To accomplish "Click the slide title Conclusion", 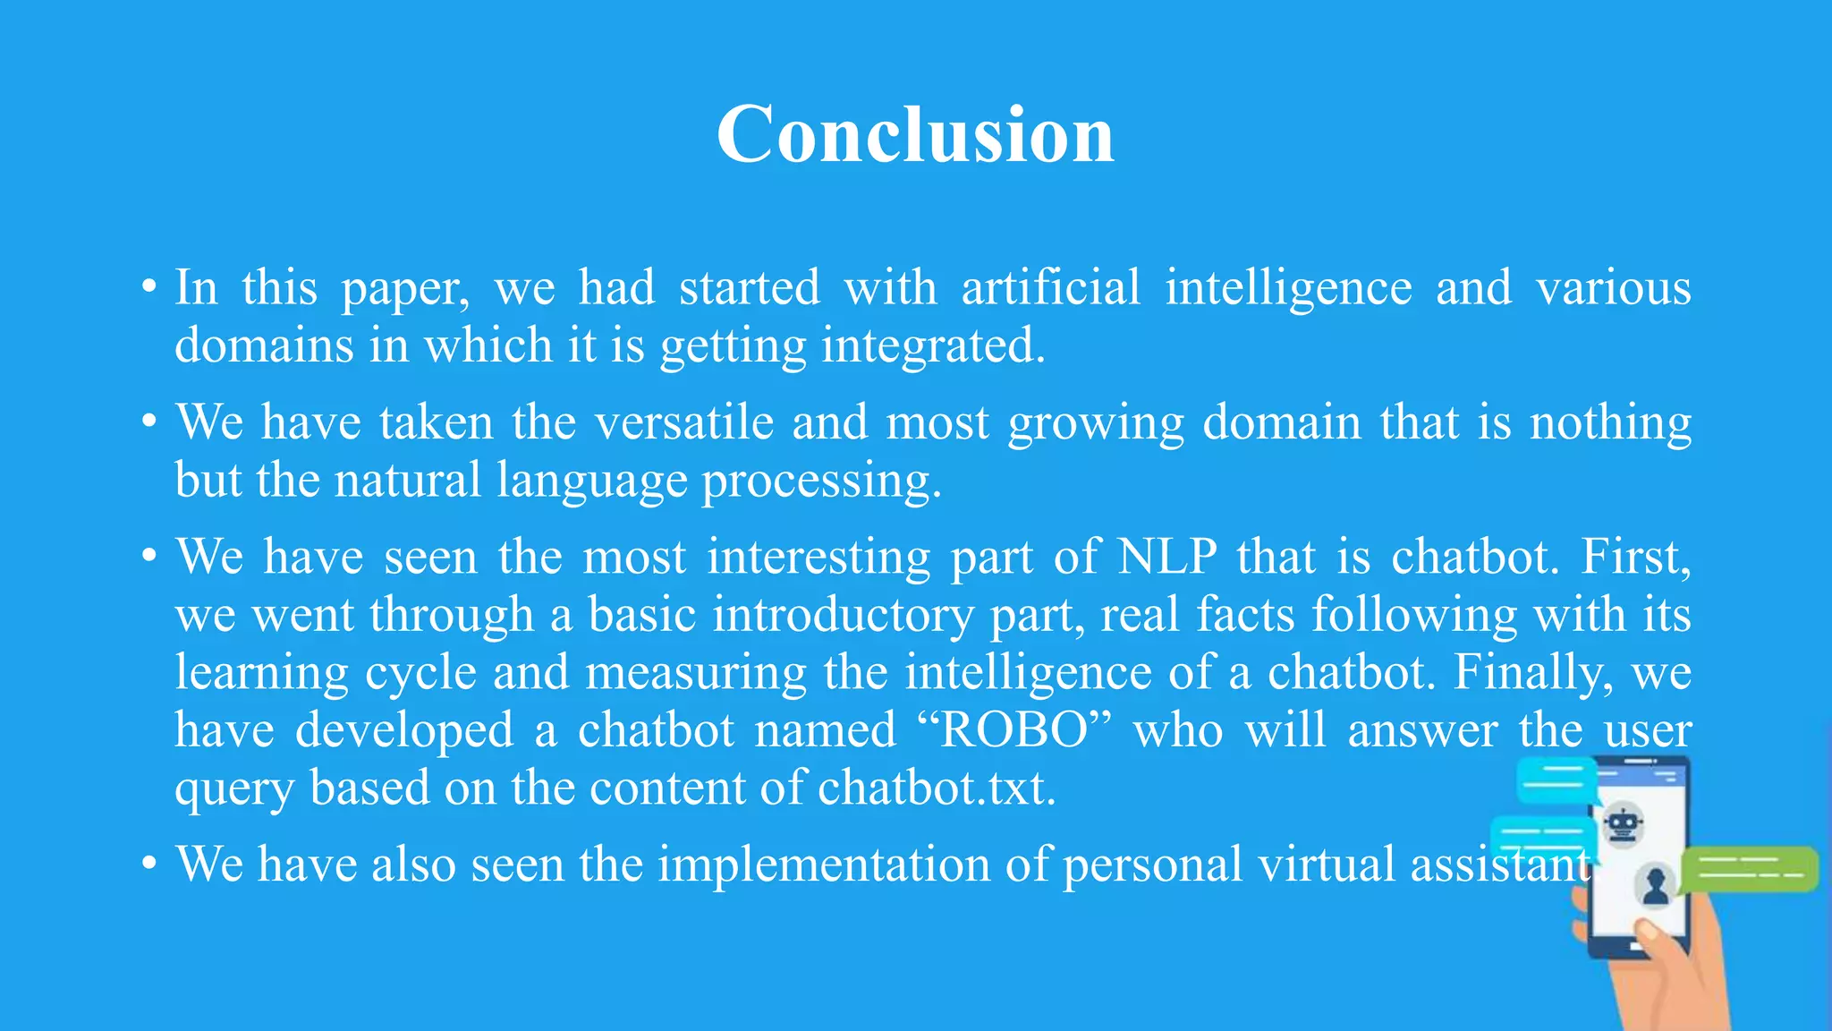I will [915, 134].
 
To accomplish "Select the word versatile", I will [684, 422].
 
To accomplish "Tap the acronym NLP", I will [1167, 557].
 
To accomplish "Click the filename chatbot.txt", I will [936, 788].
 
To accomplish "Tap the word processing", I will [820, 481].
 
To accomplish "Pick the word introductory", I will [843, 616].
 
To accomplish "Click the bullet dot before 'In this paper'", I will [149, 288].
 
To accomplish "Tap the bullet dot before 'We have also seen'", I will [149, 865].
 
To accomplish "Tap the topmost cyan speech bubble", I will [1556, 780].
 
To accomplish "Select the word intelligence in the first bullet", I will [1288, 288].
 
